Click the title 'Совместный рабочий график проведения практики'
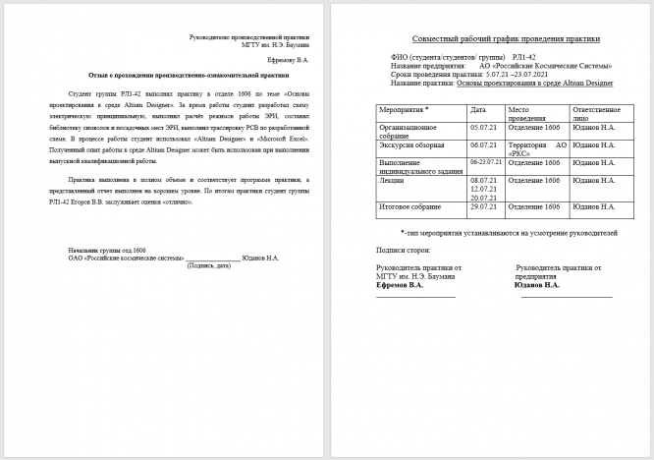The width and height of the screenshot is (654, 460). [x=490, y=38]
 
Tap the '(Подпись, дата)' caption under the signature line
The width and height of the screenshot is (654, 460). [x=208, y=264]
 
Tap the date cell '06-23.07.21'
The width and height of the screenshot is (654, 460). [x=486, y=160]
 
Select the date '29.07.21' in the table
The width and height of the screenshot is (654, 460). [x=484, y=206]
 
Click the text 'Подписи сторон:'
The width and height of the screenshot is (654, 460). [x=403, y=252]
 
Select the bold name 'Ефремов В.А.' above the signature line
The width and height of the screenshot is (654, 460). [x=400, y=284]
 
